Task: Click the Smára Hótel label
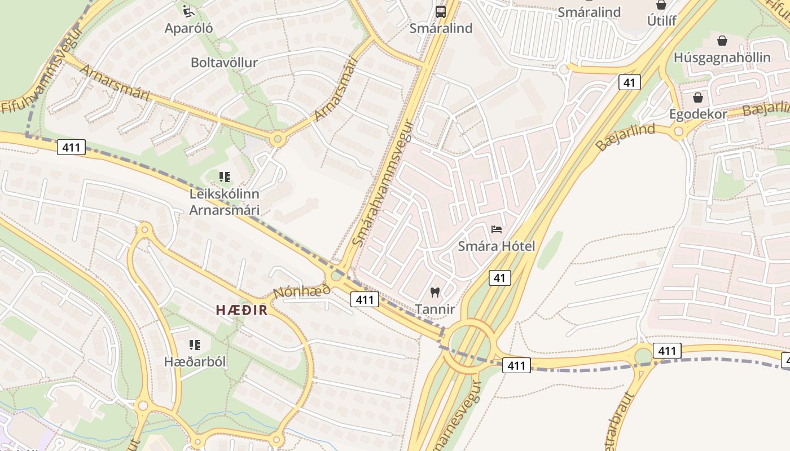[x=497, y=246]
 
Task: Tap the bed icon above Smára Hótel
[x=497, y=229]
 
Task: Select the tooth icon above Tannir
[x=434, y=292]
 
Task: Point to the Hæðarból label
[x=195, y=362]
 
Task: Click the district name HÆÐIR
[x=242, y=310]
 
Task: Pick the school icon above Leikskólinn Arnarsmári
[x=225, y=177]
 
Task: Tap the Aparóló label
[x=188, y=28]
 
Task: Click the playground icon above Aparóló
[x=188, y=10]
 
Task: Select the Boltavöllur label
[x=224, y=63]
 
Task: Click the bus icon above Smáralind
[x=441, y=11]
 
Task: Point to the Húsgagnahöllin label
[x=722, y=58]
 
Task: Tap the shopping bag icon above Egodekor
[x=697, y=98]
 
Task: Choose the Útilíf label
[x=661, y=21]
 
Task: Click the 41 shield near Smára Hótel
[x=499, y=277]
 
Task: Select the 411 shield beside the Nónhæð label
[x=364, y=299]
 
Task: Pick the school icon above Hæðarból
[x=195, y=344]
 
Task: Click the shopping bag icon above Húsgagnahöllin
[x=722, y=41]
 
